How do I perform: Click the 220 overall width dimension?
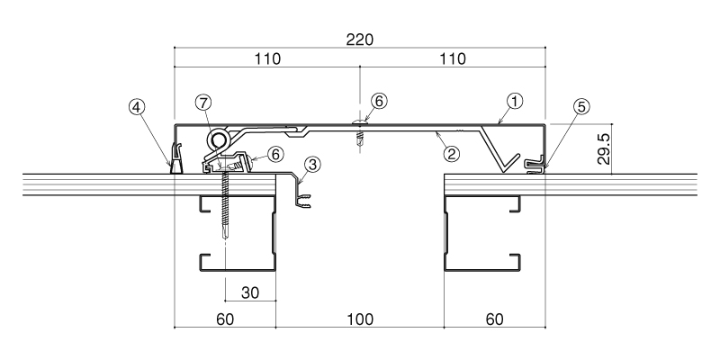tap(359, 40)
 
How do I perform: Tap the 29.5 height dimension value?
tap(603, 149)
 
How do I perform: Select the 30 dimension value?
tap(250, 292)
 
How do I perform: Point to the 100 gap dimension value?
tap(359, 319)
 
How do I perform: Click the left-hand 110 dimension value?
tap(267, 59)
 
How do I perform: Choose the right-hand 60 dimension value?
tap(494, 319)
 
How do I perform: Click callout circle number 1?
tap(515, 101)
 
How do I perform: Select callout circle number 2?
tap(452, 154)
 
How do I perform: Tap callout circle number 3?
tap(312, 165)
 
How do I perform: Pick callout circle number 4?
tap(137, 107)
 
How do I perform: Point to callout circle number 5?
tap(581, 107)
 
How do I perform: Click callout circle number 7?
tap(203, 103)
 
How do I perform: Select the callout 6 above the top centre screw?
tap(379, 101)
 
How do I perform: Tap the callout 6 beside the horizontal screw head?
tap(275, 154)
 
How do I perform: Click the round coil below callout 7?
tap(218, 139)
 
